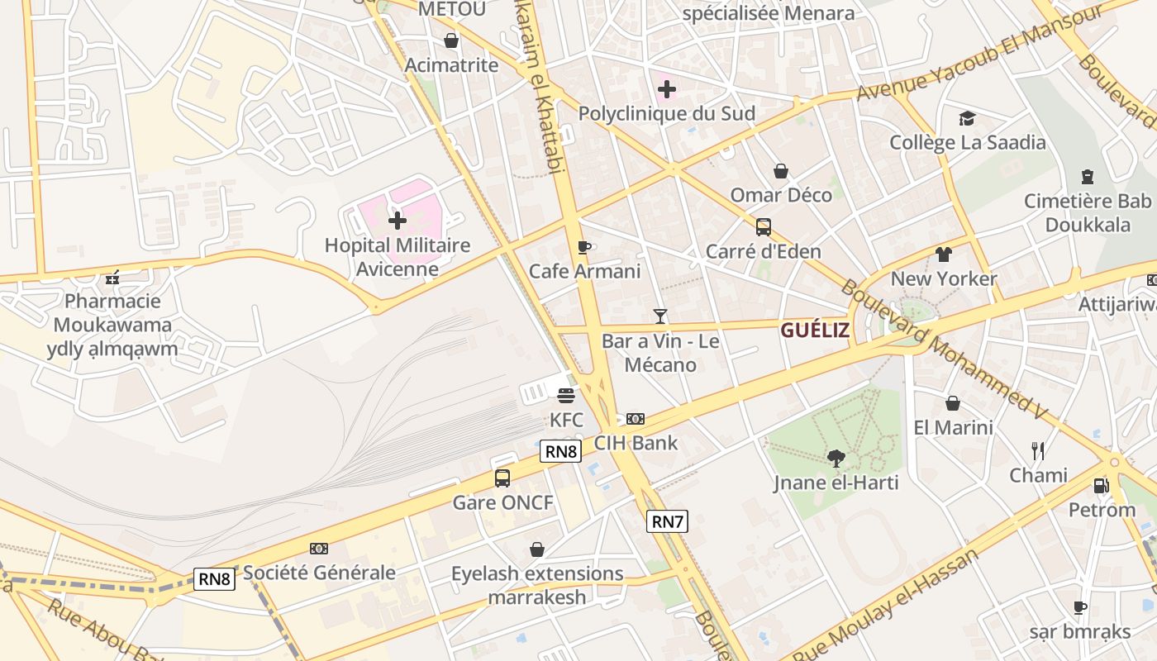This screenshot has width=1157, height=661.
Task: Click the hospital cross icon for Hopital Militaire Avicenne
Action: pyautogui.click(x=398, y=221)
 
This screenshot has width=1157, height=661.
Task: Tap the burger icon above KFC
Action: pyautogui.click(x=566, y=395)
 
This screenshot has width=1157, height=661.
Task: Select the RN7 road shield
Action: pyautogui.click(x=667, y=521)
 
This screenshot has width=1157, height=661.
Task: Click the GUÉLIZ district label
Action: pyautogui.click(x=815, y=330)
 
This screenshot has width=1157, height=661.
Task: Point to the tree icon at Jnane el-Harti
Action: pyautogui.click(x=836, y=458)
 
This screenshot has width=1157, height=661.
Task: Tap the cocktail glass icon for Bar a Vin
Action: pyautogui.click(x=659, y=316)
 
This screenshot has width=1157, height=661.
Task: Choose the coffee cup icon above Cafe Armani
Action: pyautogui.click(x=584, y=247)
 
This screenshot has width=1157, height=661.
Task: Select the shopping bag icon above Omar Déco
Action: pyautogui.click(x=781, y=171)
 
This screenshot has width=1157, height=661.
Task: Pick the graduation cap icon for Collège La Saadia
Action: pyautogui.click(x=967, y=119)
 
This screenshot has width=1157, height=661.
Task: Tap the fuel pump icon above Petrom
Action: pyautogui.click(x=1101, y=486)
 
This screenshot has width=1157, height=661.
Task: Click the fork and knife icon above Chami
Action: pyautogui.click(x=1038, y=451)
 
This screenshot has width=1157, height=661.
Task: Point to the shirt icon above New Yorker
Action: pyautogui.click(x=944, y=254)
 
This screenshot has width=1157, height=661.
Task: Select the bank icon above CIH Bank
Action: pyautogui.click(x=636, y=419)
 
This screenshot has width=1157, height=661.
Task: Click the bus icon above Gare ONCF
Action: pyautogui.click(x=502, y=478)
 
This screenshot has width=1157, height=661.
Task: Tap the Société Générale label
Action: pyautogui.click(x=319, y=572)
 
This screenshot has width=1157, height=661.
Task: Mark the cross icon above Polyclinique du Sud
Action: pyautogui.click(x=666, y=89)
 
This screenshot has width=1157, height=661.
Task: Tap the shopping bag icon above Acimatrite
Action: pyautogui.click(x=451, y=40)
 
